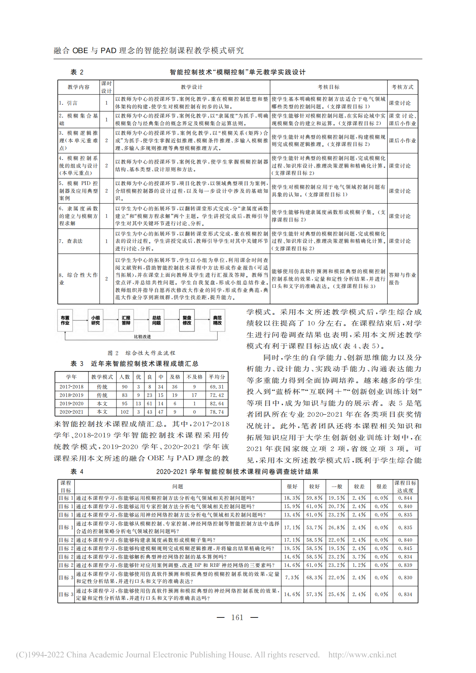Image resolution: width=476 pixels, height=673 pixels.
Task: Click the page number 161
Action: coord(237,617)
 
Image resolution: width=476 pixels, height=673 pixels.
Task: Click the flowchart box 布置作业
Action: coord(65,320)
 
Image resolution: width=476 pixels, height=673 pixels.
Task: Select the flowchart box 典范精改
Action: coord(217,320)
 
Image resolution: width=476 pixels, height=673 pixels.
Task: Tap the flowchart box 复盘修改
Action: coord(187,320)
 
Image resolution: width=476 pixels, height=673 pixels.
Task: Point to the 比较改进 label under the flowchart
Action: coord(142,337)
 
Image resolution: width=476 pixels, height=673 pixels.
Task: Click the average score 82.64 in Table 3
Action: coord(217,403)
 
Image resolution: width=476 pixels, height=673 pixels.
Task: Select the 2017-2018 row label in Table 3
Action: coord(72,387)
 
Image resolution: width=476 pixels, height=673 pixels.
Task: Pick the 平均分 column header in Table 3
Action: coord(217,377)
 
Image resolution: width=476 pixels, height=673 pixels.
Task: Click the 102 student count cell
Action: coord(125,412)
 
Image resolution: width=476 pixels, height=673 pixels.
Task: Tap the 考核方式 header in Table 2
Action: coord(402,87)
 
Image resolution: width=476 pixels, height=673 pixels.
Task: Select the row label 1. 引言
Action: coord(68,103)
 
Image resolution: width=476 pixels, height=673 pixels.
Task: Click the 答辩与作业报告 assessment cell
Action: coord(402,279)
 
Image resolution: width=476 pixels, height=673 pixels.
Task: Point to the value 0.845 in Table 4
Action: coord(405,548)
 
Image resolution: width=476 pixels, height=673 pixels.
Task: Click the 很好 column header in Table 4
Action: coord(292,487)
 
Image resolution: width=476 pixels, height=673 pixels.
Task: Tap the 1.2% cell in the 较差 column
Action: coord(359,565)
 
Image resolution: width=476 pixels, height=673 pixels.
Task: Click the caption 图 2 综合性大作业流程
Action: coord(141,353)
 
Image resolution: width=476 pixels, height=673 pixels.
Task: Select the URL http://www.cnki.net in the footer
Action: coord(362,655)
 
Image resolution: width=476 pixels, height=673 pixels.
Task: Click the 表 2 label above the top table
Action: coord(77,72)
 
